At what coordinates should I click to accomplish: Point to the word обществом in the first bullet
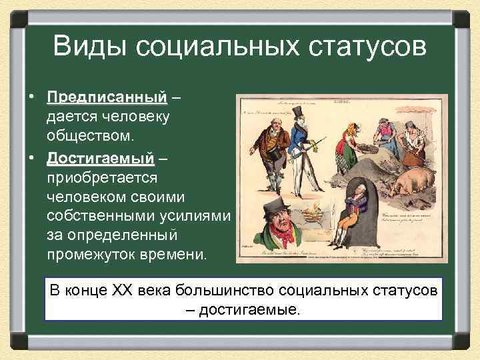coord(91,135)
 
